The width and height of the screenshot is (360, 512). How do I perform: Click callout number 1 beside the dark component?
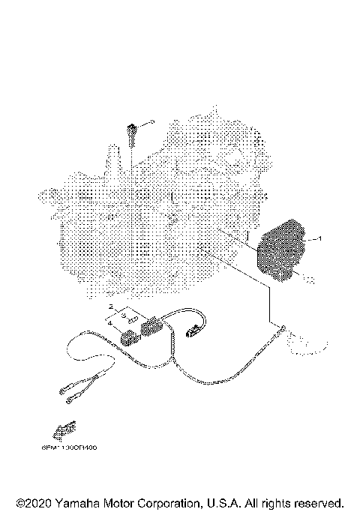(319, 238)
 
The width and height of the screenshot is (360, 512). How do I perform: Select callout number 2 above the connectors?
(110, 307)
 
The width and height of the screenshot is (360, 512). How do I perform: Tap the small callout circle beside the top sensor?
(151, 121)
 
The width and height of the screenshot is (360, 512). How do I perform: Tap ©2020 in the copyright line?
(33, 502)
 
